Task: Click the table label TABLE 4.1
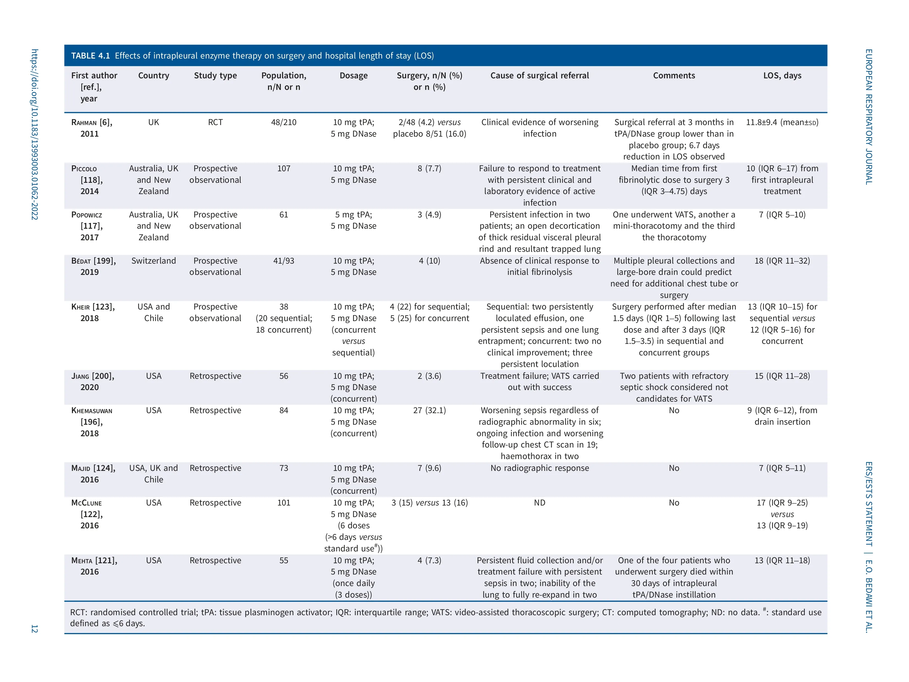click(90, 56)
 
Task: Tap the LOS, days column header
click(782, 76)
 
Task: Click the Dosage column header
click(353, 76)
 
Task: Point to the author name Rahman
click(84, 123)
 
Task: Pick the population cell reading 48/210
click(284, 123)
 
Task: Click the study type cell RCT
click(215, 123)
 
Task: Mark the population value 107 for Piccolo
click(284, 169)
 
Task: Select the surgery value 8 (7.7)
click(429, 169)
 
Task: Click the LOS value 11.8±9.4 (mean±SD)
click(782, 123)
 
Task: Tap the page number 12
click(35, 629)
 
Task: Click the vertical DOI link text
click(35, 134)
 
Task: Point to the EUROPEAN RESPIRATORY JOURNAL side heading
click(869, 117)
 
